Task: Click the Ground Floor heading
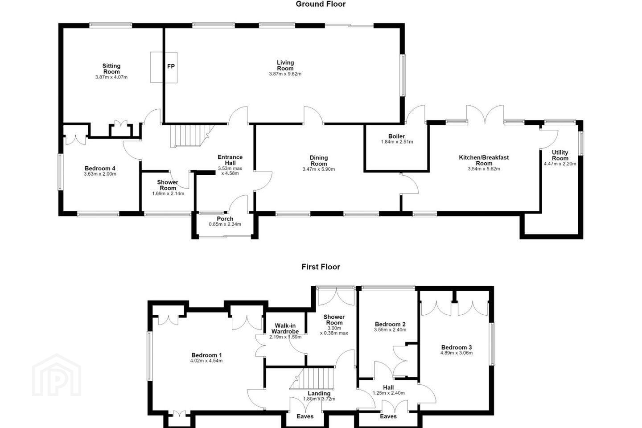[321, 4]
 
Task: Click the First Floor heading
[321, 267]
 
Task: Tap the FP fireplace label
[171, 66]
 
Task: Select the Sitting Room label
[111, 69]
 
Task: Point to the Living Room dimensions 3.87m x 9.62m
[285, 74]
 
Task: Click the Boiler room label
[397, 136]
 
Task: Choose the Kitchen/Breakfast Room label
[484, 160]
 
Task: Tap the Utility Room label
[560, 156]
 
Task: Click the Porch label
[225, 219]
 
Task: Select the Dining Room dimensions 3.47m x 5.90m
[319, 169]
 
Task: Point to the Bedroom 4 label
[100, 168]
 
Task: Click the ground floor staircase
[191, 136]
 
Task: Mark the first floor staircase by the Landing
[312, 379]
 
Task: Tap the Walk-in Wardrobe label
[285, 329]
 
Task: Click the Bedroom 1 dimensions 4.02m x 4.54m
[206, 361]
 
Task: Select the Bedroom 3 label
[457, 347]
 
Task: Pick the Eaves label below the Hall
[388, 416]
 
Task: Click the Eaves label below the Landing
[305, 416]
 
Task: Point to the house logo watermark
[57, 375]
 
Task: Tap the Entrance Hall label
[230, 160]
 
